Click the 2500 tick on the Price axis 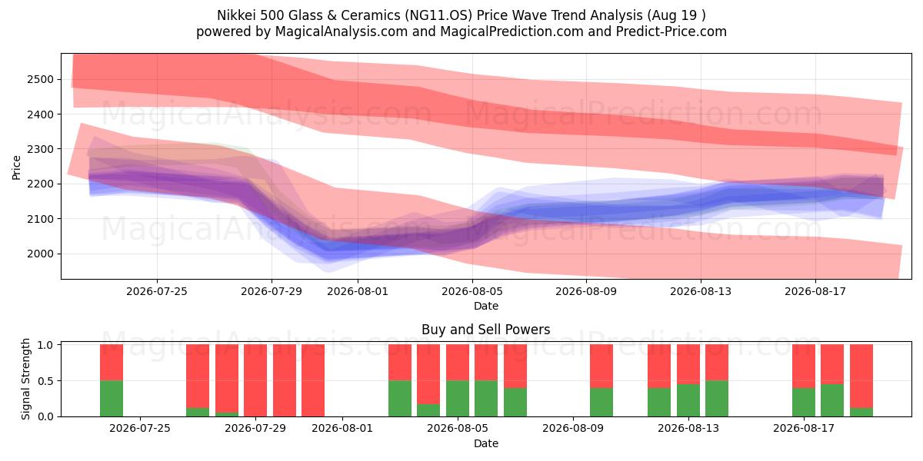click(x=40, y=79)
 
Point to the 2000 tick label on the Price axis click(x=40, y=254)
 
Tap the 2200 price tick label click(x=40, y=184)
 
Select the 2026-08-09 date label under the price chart click(x=586, y=291)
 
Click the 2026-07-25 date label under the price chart click(x=157, y=291)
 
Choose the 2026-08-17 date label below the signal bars click(x=804, y=428)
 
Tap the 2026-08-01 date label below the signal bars click(x=342, y=428)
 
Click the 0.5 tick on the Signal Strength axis click(x=45, y=381)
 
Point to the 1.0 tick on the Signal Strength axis click(x=45, y=345)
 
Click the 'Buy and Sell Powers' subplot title click(x=486, y=330)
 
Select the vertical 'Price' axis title click(x=16, y=167)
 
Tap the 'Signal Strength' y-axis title click(x=25, y=379)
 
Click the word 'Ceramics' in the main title click(x=370, y=15)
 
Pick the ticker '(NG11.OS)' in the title click(x=438, y=15)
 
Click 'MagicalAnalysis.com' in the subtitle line click(x=342, y=32)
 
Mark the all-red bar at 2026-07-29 click(x=255, y=380)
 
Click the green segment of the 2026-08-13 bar click(x=688, y=400)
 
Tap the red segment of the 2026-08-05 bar click(x=458, y=363)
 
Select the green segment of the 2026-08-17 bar click(x=804, y=402)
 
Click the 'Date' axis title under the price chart click(x=486, y=306)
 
